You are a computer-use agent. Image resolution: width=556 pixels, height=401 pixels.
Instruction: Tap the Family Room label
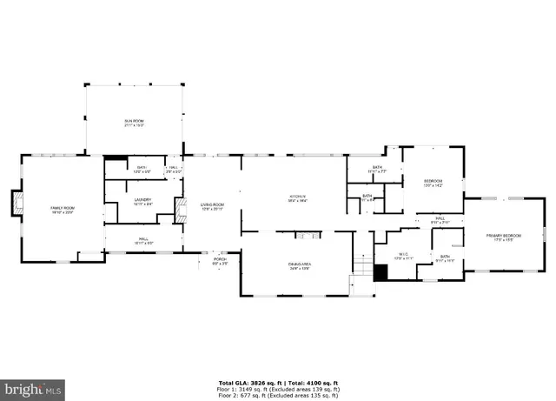tap(63, 207)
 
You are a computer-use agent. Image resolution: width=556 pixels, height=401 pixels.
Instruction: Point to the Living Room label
tap(213, 206)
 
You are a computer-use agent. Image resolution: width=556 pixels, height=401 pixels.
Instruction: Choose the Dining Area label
tap(299, 265)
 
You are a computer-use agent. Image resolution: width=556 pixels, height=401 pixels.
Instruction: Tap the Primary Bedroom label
tap(504, 237)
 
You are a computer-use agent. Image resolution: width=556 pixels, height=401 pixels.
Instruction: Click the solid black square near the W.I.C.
tap(380, 271)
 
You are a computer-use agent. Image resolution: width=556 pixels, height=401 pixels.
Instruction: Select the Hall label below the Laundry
tap(142, 240)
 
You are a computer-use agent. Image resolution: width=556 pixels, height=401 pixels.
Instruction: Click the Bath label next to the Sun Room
tap(142, 169)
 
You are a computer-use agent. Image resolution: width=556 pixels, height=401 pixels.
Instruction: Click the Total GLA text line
tap(278, 382)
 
